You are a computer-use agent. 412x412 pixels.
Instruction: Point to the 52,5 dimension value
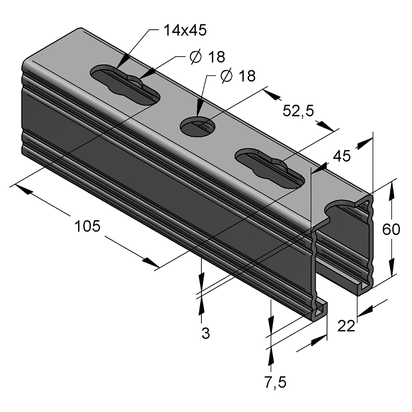[x=298, y=111]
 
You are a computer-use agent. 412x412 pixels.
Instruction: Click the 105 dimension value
[x=88, y=226]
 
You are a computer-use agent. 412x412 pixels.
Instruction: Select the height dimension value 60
[x=391, y=229]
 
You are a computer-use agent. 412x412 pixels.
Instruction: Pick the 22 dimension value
[x=347, y=326]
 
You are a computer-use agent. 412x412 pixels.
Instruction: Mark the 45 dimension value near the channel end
[x=341, y=156]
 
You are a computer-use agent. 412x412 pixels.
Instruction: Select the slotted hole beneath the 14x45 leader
[x=125, y=85]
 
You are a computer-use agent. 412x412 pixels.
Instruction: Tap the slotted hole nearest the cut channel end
[x=270, y=169]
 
